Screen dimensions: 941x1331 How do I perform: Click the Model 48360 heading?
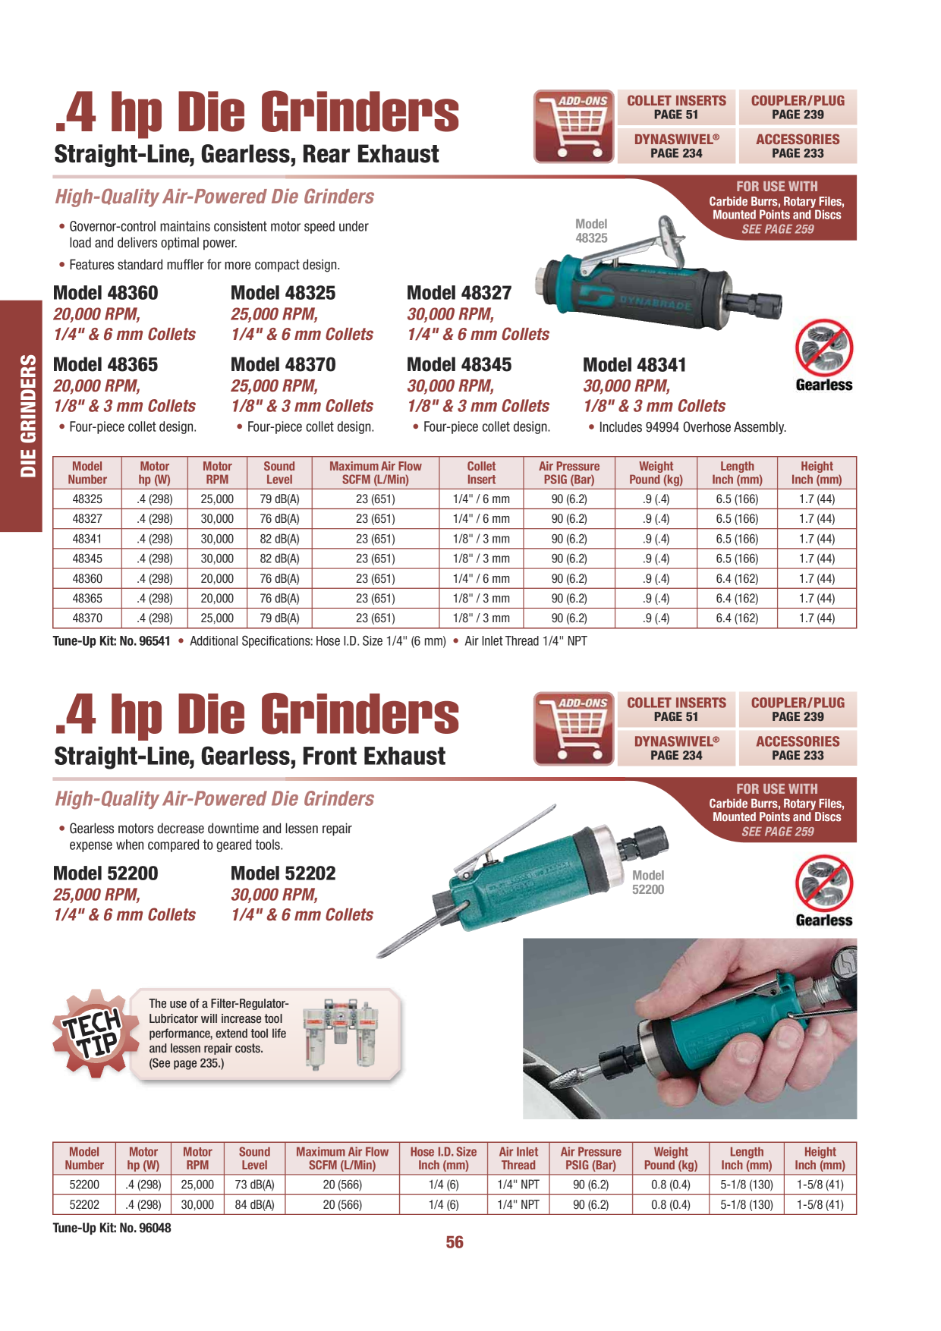pyautogui.click(x=105, y=293)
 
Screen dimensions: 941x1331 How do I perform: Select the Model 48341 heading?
pyautogui.click(x=634, y=365)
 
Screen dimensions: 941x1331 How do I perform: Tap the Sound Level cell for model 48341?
pyautogui.click(x=279, y=539)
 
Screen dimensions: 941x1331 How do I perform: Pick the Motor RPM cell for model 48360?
pyautogui.click(x=217, y=578)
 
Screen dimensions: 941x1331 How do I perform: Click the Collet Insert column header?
pyautogui.click(x=481, y=473)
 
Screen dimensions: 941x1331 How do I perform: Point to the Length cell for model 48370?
pyautogui.click(x=737, y=618)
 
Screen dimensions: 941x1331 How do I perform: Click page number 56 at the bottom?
pyautogui.click(x=455, y=1242)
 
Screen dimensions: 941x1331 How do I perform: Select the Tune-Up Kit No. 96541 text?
pyautogui.click(x=112, y=641)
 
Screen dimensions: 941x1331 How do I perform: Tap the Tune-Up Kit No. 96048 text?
pyautogui.click(x=112, y=1228)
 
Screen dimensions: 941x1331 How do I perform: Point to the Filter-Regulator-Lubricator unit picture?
pyautogui.click(x=340, y=1034)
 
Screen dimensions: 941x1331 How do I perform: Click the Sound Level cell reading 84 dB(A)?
pyautogui.click(x=254, y=1204)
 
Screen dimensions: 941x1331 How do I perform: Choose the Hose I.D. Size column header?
pyautogui.click(x=443, y=1159)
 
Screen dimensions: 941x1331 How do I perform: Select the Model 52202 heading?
pyautogui.click(x=283, y=873)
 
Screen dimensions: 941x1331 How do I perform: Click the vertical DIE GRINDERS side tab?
pyautogui.click(x=20, y=416)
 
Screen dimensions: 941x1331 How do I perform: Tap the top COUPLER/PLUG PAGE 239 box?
pyautogui.click(x=798, y=107)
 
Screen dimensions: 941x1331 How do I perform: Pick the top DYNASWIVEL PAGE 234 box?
pyautogui.click(x=676, y=146)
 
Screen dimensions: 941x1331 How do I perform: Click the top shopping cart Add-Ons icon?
pyautogui.click(x=574, y=127)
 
